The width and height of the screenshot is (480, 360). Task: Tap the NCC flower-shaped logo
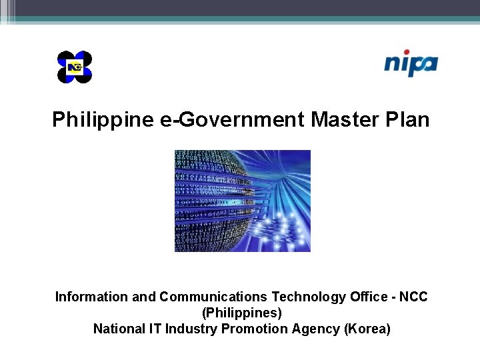[75, 67]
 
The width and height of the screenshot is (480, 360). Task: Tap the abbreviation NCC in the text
[413, 297]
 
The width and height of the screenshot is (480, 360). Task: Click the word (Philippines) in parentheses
[241, 313]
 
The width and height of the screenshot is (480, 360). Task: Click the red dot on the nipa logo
[406, 52]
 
